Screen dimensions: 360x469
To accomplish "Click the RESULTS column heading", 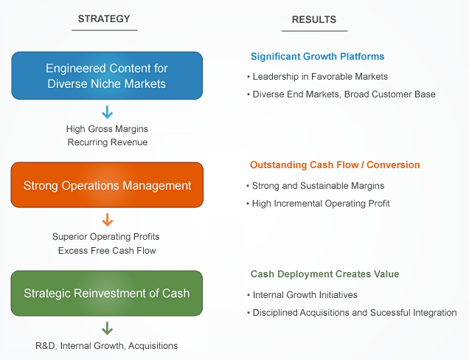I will (314, 20).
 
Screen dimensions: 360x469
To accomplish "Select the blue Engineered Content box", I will (107, 76).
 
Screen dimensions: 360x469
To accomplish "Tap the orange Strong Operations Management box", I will (107, 186).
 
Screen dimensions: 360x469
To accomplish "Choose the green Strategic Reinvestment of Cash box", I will (107, 293).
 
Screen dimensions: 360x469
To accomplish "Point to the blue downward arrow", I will (108, 112).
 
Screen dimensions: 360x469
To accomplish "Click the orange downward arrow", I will (108, 220).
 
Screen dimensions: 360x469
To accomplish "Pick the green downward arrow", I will (108, 328).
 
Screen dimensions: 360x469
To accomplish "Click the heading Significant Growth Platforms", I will (317, 57).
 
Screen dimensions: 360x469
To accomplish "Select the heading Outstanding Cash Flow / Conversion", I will (335, 165).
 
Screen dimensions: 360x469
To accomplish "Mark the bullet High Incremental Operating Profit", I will (319, 203).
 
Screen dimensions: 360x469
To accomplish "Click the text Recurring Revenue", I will (108, 142).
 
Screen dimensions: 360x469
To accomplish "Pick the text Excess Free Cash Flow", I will (108, 251).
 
